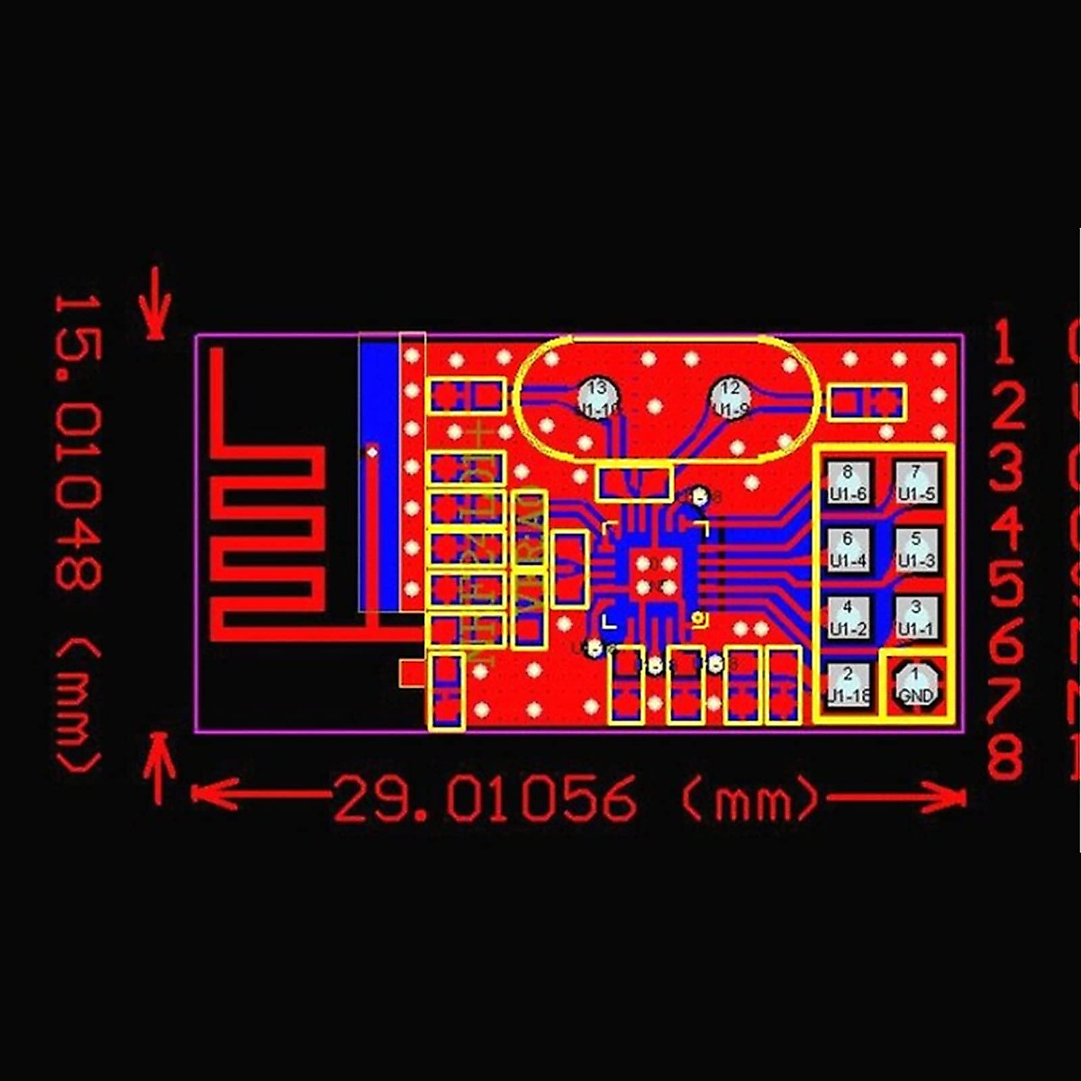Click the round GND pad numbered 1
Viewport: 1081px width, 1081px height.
pos(916,685)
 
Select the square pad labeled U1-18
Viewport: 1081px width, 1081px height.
pos(848,685)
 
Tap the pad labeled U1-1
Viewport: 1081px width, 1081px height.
pos(916,617)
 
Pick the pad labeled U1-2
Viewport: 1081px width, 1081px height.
pos(848,617)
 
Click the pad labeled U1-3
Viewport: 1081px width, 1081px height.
pos(916,549)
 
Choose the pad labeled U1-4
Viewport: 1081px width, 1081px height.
pos(848,549)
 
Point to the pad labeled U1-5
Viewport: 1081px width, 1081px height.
pos(916,482)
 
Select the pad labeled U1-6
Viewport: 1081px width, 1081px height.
pos(848,482)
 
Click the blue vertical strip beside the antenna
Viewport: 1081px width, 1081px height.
pos(378,477)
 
